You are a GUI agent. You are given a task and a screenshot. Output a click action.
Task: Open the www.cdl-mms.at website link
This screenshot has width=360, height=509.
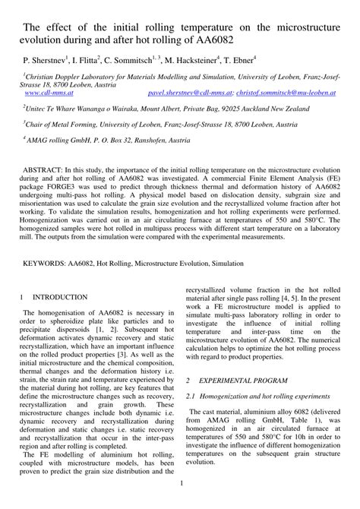pyautogui.click(x=50, y=93)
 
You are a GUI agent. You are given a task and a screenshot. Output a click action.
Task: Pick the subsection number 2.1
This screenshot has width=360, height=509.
pyautogui.click(x=193, y=396)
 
